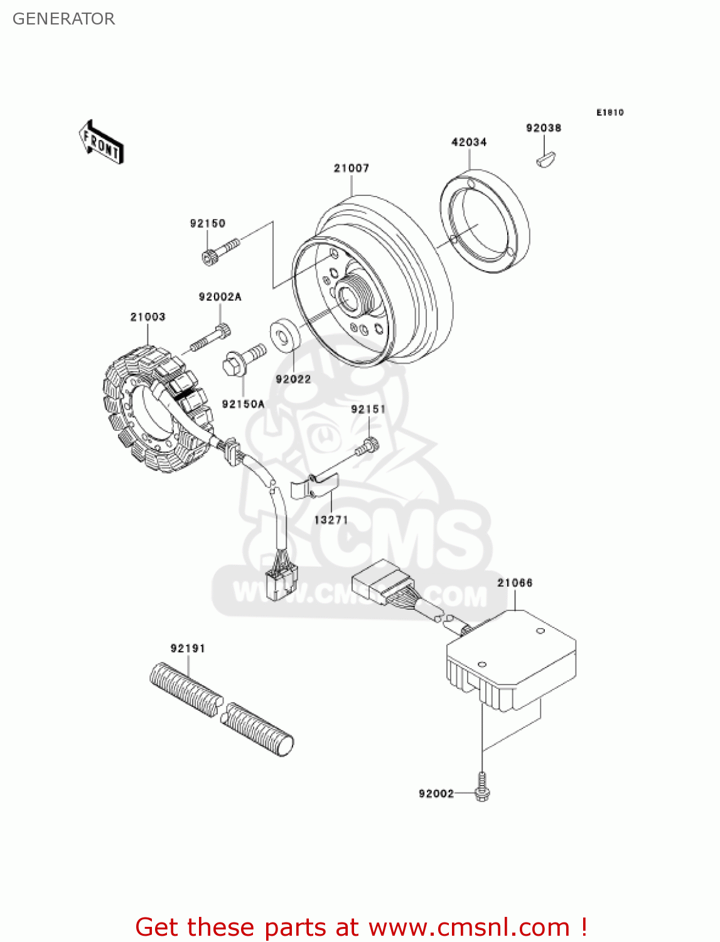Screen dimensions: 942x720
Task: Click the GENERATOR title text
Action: (63, 19)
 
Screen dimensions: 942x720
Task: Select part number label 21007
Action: (351, 168)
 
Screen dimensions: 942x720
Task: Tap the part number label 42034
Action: (469, 143)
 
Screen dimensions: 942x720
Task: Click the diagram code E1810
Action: (610, 112)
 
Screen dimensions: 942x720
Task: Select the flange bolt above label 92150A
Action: (244, 359)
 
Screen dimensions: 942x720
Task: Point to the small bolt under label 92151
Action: (367, 447)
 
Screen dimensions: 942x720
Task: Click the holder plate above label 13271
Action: (314, 486)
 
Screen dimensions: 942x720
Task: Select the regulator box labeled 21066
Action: (512, 659)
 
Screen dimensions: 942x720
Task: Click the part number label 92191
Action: (188, 648)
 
